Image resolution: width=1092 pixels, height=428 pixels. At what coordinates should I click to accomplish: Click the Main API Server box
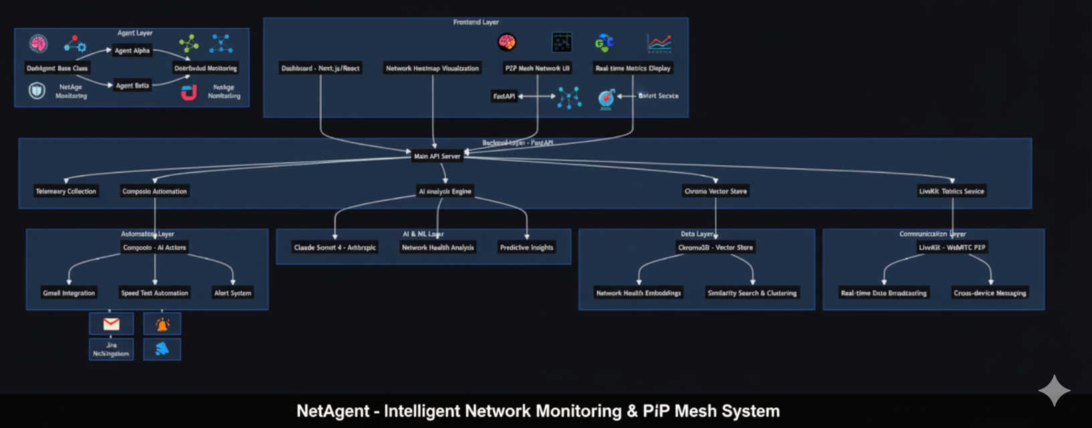click(437, 156)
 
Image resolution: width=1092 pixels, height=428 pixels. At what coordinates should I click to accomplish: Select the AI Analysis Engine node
click(445, 191)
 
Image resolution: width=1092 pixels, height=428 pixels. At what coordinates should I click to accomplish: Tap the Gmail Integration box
click(69, 293)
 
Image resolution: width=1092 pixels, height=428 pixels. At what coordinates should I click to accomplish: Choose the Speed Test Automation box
click(155, 293)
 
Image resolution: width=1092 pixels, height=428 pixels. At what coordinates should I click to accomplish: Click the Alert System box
click(233, 293)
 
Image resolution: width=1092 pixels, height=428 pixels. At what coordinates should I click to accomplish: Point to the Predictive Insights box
click(527, 247)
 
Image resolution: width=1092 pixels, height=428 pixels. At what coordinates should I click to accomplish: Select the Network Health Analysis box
click(438, 247)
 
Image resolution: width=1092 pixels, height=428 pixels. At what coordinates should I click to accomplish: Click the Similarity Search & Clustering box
click(752, 293)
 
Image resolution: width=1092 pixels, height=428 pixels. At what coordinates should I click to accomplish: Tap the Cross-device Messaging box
click(990, 293)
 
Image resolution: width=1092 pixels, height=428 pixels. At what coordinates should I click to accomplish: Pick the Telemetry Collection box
click(66, 191)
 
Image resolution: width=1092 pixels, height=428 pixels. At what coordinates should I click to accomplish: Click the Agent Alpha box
click(132, 51)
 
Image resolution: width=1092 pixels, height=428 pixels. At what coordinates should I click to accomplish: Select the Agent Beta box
click(132, 86)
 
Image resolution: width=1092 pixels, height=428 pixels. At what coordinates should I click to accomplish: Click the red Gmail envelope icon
click(111, 324)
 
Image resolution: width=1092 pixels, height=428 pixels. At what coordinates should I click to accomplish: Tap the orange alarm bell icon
click(162, 324)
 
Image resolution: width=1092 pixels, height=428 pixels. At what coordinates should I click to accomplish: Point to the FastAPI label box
click(504, 96)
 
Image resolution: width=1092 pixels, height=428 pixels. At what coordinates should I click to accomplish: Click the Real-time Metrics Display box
click(632, 68)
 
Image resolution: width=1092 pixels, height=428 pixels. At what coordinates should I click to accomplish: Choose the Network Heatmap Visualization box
click(432, 68)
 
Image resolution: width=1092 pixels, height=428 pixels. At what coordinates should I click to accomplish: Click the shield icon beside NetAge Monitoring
click(37, 90)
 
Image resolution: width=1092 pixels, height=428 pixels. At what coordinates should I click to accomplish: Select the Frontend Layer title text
click(476, 23)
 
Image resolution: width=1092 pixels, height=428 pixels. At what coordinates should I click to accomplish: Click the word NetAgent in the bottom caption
click(333, 411)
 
